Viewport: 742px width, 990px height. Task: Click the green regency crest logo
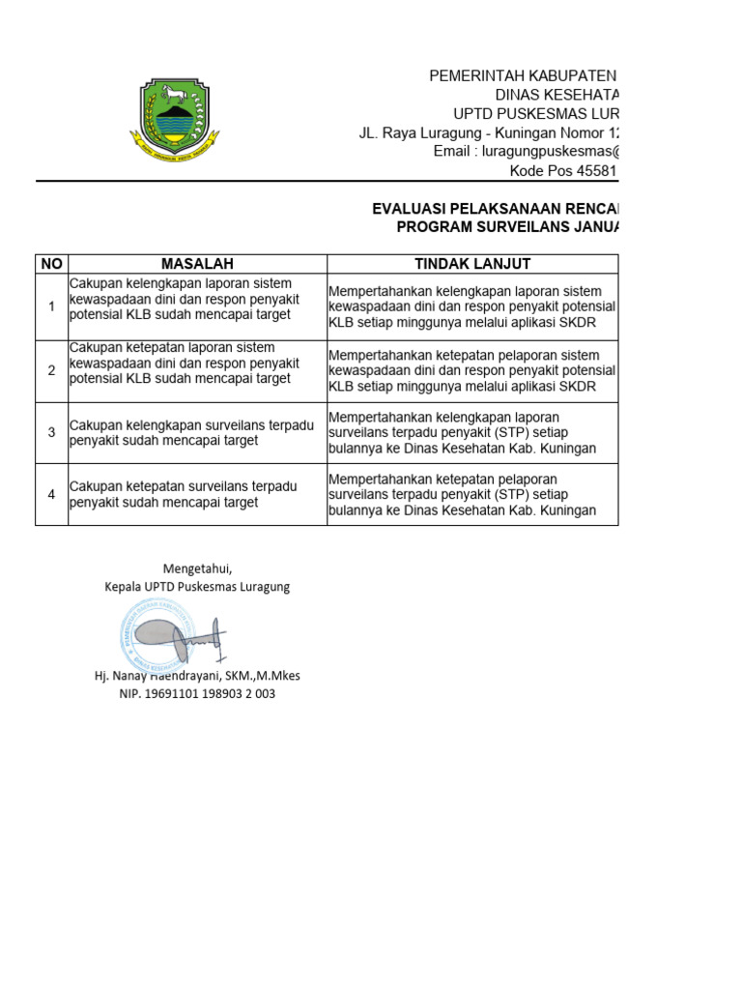[171, 117]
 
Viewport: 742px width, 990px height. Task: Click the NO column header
[51, 264]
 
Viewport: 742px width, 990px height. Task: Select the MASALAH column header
[197, 264]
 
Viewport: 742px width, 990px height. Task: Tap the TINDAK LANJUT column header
[471, 264]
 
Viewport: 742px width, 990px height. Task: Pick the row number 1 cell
[51, 306]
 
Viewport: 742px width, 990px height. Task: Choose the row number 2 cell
[51, 370]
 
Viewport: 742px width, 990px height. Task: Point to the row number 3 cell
[51, 432]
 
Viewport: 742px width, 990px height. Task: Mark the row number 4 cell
[51, 494]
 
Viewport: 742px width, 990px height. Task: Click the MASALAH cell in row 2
[197, 364]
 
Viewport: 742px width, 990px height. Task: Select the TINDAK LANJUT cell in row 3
[471, 432]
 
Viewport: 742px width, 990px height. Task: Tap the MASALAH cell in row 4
[197, 494]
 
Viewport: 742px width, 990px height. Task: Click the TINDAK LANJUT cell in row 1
[471, 306]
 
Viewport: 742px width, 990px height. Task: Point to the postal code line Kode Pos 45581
[562, 171]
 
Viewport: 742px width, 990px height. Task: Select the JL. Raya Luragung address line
[487, 132]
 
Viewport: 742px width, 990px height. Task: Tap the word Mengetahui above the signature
[197, 568]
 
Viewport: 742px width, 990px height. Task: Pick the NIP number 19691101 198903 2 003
[197, 693]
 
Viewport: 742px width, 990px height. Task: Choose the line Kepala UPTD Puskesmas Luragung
[197, 587]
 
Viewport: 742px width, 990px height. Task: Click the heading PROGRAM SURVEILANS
[507, 227]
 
